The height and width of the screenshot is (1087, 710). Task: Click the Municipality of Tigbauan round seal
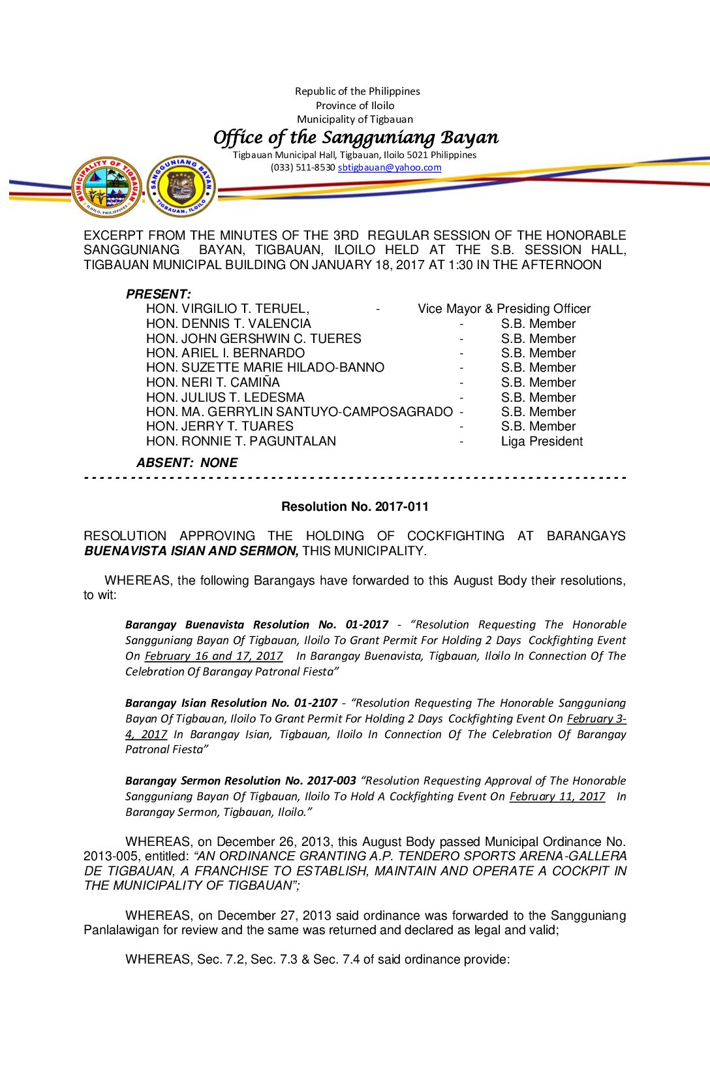[x=106, y=187]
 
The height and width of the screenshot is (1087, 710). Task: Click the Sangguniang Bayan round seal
[x=181, y=186]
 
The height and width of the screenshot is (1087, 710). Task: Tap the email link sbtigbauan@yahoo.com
[x=390, y=167]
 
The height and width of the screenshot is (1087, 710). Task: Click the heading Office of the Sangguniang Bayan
[x=356, y=137]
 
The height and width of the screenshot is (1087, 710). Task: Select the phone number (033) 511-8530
[x=303, y=167]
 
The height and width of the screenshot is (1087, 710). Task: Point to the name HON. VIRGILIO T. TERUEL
[x=227, y=309]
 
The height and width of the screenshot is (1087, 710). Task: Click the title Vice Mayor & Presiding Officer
[x=504, y=309]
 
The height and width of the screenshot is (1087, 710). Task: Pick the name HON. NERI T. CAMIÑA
[x=213, y=383]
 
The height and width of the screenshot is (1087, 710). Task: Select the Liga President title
[x=542, y=442]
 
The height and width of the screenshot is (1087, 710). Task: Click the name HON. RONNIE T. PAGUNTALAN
[x=241, y=442]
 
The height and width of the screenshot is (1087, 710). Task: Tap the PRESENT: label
[x=159, y=294]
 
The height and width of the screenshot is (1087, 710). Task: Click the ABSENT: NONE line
[x=187, y=463]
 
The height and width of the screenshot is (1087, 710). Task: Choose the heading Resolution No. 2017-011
[x=355, y=507]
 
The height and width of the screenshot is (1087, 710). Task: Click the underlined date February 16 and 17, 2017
[x=213, y=656]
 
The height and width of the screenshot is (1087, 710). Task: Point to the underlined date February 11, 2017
[x=557, y=796]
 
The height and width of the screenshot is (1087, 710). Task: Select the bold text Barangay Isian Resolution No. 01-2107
[x=231, y=703]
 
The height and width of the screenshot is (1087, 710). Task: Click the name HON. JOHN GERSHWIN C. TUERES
[x=253, y=338]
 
